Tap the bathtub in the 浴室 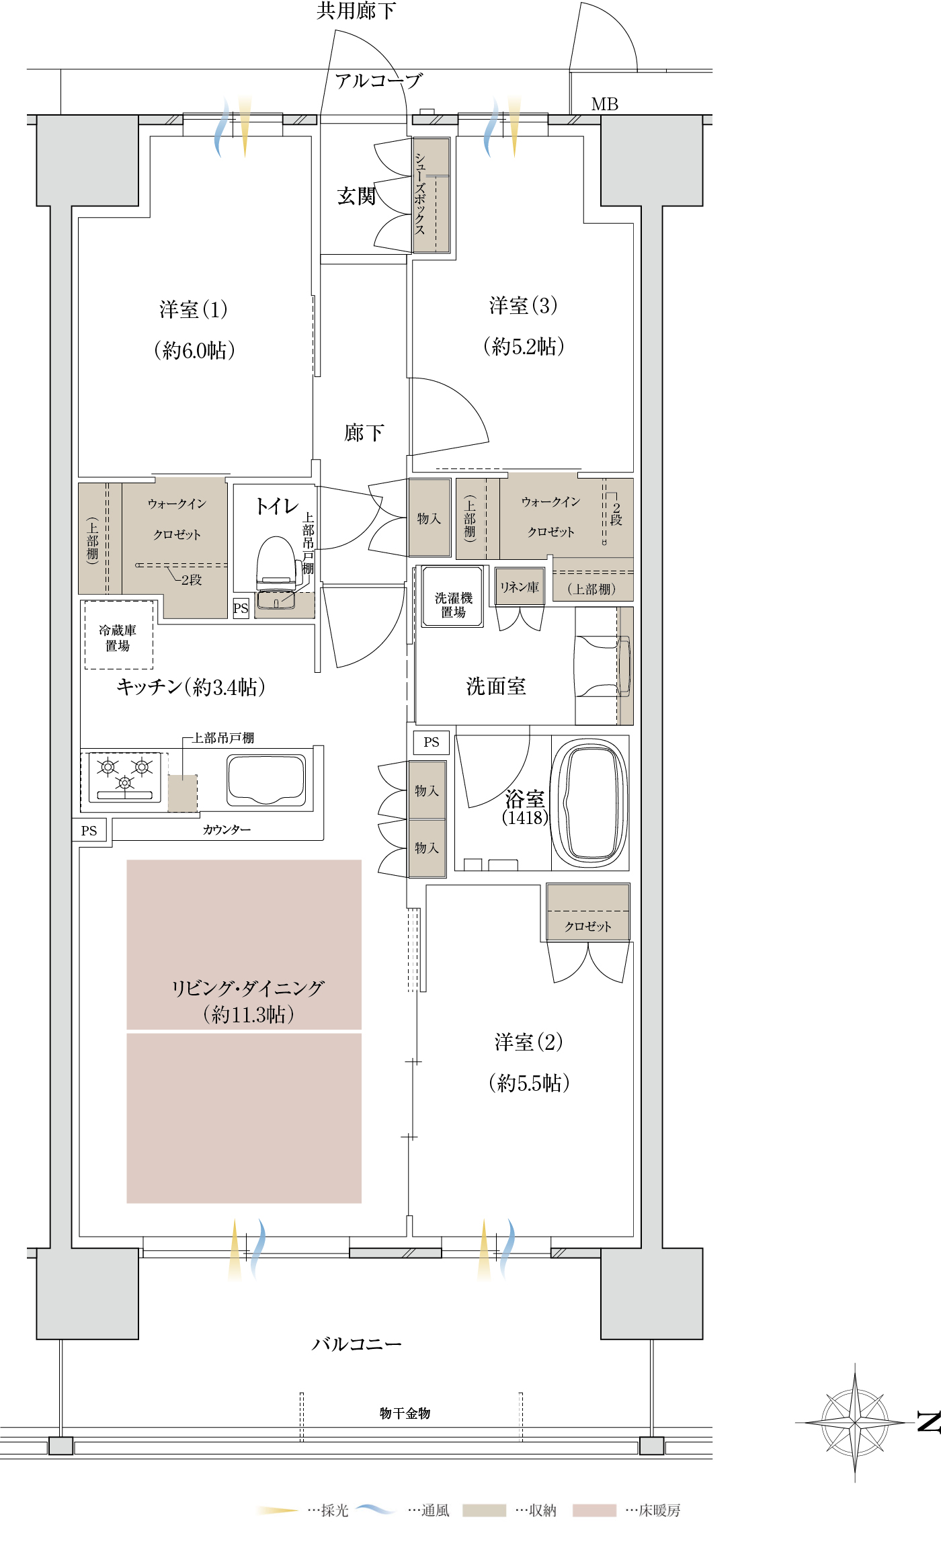(x=590, y=803)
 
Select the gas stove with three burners (x=125, y=778)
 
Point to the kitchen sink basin (x=266, y=780)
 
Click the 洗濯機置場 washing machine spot (x=452, y=597)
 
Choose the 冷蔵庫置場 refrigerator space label (x=118, y=638)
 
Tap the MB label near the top (x=605, y=104)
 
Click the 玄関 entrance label (x=356, y=196)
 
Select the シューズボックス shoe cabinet (x=431, y=195)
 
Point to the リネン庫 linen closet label (x=519, y=587)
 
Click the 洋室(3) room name (x=524, y=306)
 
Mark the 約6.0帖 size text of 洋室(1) (x=195, y=350)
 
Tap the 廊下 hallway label (x=364, y=433)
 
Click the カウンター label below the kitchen (x=227, y=830)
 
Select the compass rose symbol (x=855, y=1422)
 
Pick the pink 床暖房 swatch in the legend (x=594, y=1510)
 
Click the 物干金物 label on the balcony (x=405, y=1413)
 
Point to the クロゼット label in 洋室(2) (x=588, y=926)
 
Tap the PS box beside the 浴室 (x=432, y=742)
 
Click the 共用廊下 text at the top (x=356, y=11)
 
